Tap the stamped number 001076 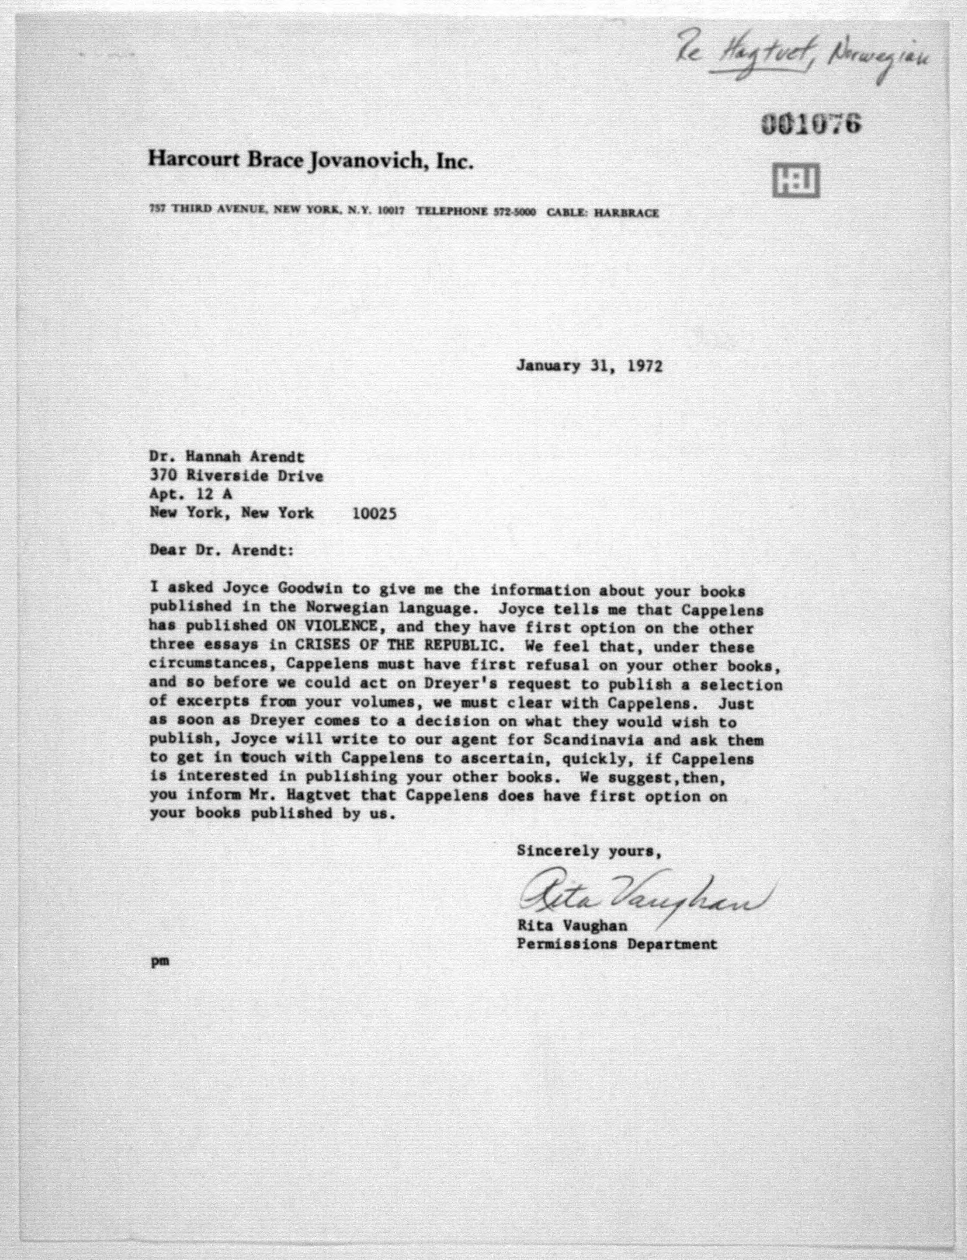(811, 123)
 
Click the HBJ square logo (796, 181)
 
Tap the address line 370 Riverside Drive (236, 476)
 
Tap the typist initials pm (160, 961)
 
